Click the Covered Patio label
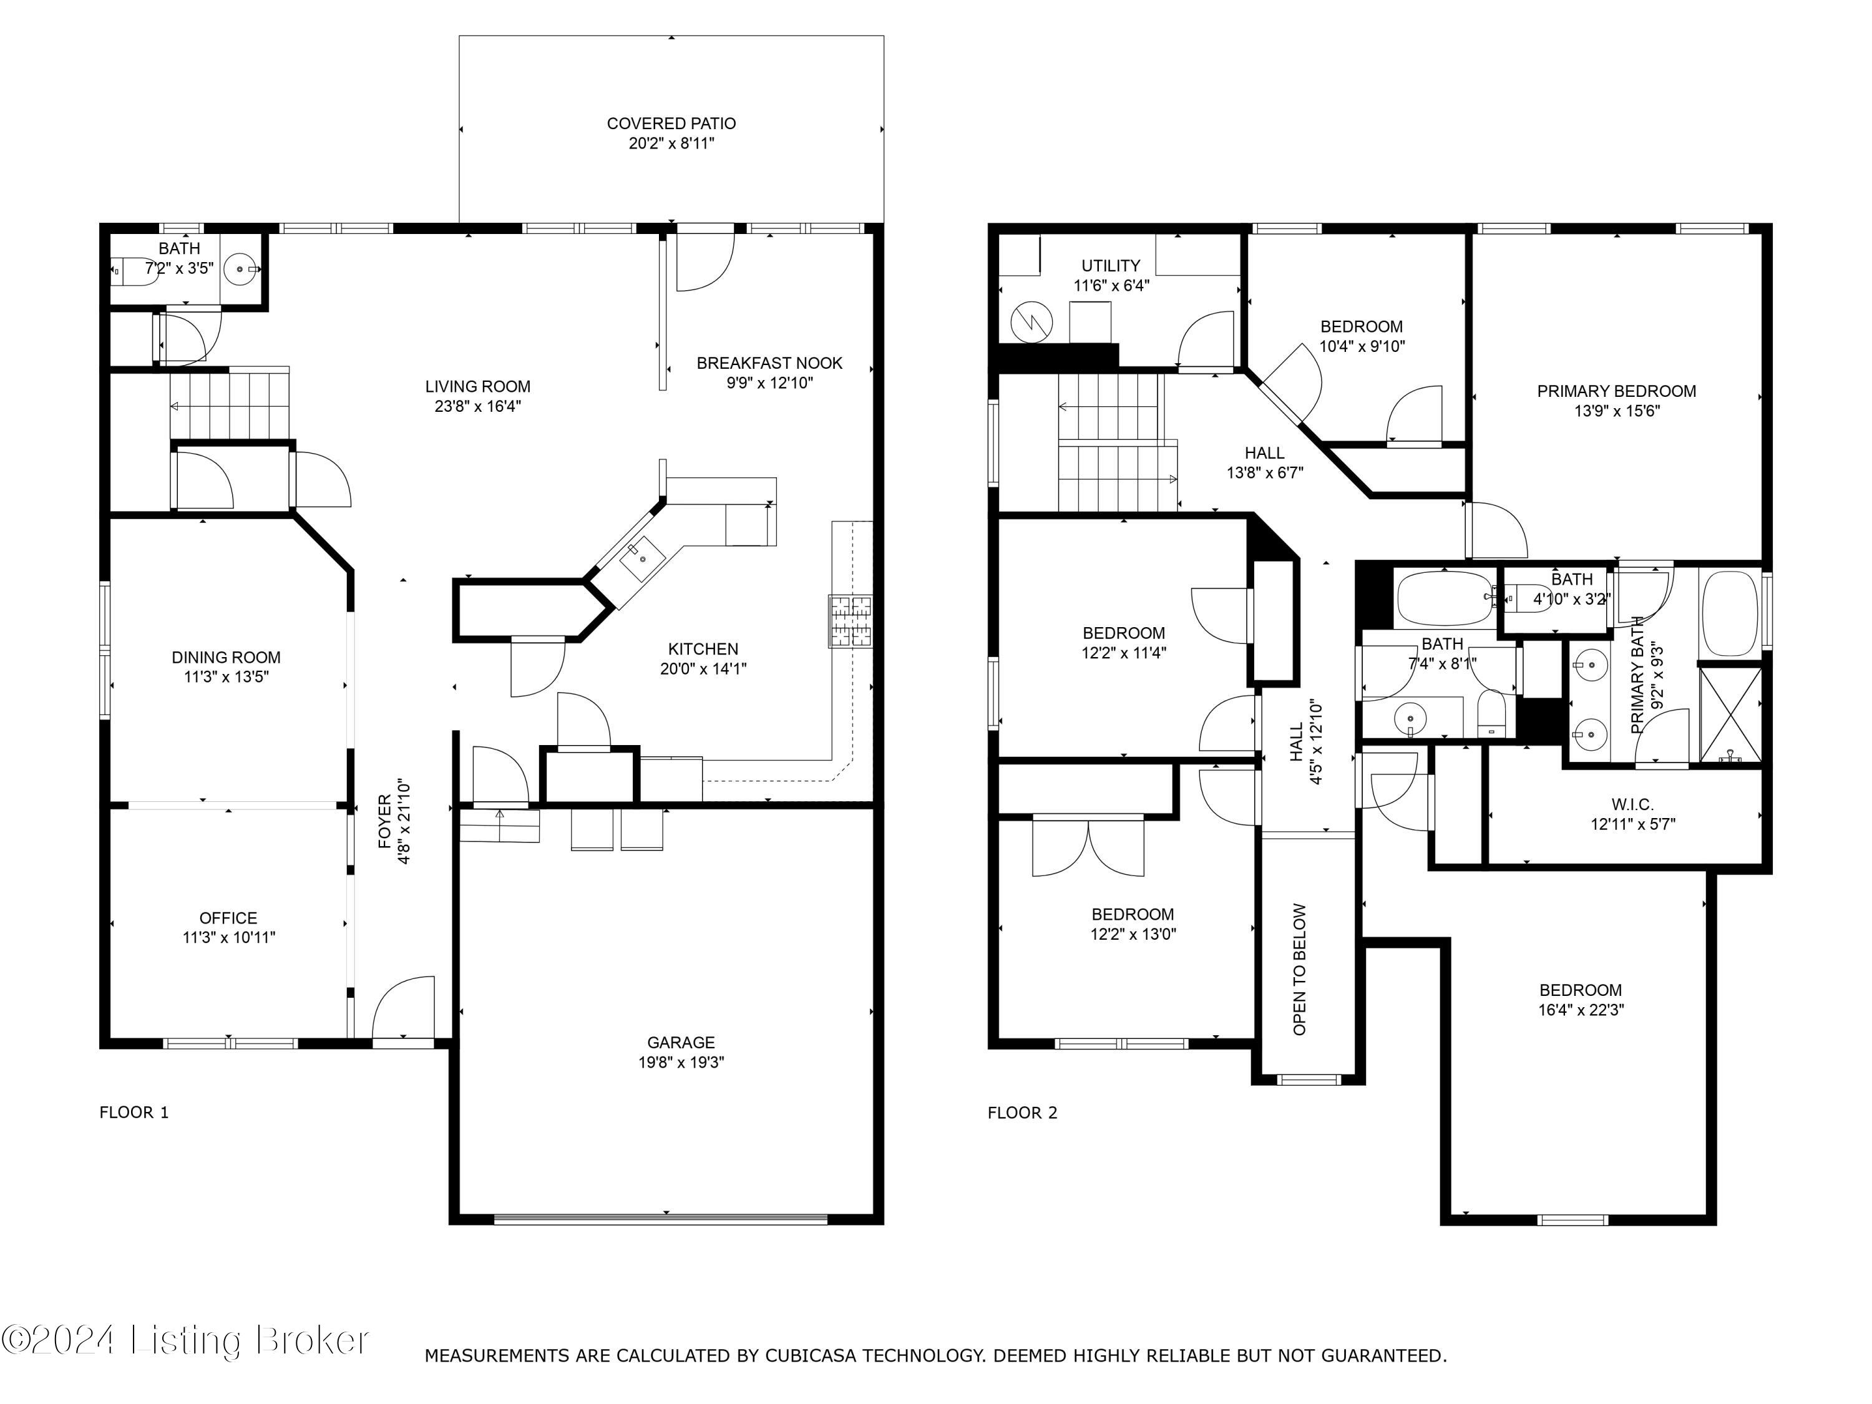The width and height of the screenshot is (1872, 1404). click(671, 124)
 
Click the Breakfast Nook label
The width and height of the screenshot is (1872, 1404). click(769, 363)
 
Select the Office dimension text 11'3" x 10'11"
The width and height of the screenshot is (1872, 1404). click(228, 938)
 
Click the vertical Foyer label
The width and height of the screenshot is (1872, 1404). click(385, 821)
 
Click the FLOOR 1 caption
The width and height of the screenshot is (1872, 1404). click(134, 1112)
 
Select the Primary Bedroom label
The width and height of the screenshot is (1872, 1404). click(1616, 391)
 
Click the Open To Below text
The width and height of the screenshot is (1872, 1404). click(1300, 969)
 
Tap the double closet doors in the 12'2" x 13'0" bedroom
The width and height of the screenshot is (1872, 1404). click(1088, 846)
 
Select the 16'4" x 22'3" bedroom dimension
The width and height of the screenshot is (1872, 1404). click(1580, 1010)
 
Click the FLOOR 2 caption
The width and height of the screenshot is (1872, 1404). click(1021, 1112)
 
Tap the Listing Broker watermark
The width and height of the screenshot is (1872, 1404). click(185, 1340)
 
